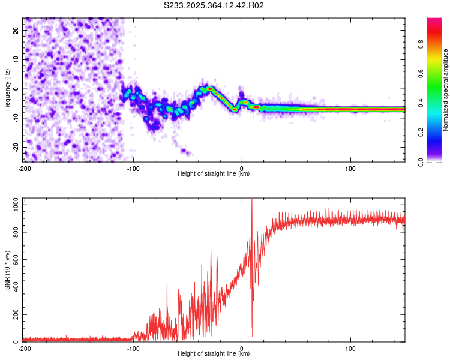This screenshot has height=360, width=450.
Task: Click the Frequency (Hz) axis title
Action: pos(7,90)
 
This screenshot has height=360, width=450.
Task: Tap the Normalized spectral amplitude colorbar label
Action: pos(446,90)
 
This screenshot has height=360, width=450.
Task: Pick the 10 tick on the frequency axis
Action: pos(17,59)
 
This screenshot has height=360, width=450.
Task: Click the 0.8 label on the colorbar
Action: pos(437,43)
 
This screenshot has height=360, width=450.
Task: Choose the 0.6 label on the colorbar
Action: pos(437,73)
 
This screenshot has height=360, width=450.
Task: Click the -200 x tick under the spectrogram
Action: pos(25,169)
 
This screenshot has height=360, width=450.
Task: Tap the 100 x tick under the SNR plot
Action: pos(350,349)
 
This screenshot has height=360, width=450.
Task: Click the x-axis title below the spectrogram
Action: pos(214,174)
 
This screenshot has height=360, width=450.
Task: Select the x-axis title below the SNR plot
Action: pos(214,354)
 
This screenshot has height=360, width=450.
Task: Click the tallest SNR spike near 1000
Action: pos(251,200)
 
